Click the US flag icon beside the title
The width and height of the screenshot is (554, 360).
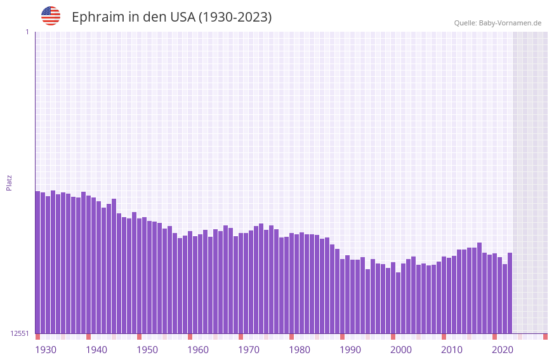[x=51, y=16]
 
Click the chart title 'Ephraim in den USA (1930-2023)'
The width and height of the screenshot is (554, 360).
[x=171, y=17]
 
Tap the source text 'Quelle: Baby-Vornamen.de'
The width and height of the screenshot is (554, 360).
[x=498, y=23]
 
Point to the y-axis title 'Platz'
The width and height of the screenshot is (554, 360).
[x=9, y=182]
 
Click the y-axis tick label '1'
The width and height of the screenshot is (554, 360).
[x=27, y=32]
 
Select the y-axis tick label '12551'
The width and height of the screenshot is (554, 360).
[x=19, y=333]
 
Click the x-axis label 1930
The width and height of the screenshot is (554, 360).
[x=46, y=350]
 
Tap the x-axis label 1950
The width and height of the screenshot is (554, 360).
[x=147, y=350]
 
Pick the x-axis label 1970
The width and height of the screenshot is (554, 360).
[x=249, y=350]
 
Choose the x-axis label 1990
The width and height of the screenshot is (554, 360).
[x=350, y=350]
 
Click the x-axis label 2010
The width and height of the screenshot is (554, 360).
[x=452, y=350]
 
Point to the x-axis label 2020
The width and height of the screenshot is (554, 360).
[x=503, y=350]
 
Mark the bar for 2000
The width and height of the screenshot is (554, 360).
[x=393, y=298]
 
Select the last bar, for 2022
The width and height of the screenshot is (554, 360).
[x=510, y=293]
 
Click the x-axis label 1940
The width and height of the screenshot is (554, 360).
[x=96, y=350]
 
